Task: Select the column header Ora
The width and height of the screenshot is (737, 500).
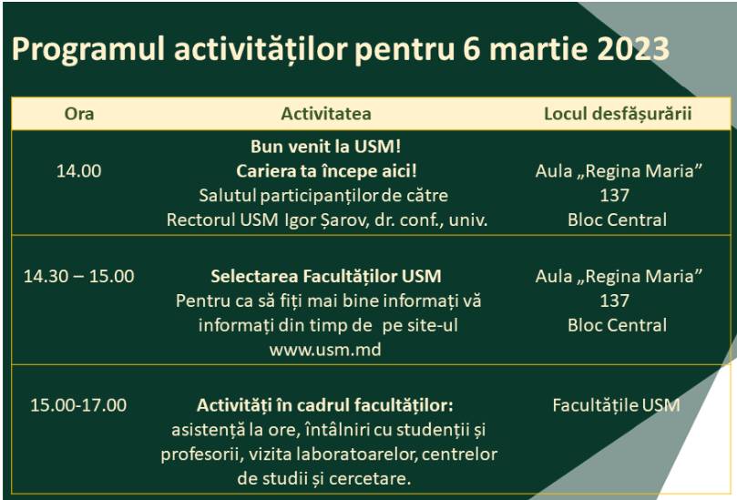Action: (79, 114)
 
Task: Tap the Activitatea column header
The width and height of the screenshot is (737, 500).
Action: (326, 114)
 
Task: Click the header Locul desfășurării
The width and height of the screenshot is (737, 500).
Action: (618, 114)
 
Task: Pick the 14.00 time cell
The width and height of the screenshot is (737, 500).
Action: (79, 171)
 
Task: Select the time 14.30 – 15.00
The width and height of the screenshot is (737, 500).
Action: (79, 276)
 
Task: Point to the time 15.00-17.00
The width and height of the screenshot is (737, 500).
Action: (78, 405)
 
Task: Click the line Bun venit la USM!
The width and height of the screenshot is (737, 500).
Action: (326, 147)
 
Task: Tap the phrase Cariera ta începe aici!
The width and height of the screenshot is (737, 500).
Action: (326, 171)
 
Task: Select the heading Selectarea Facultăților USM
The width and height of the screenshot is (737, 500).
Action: (326, 276)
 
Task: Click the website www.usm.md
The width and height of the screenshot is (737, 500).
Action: (325, 350)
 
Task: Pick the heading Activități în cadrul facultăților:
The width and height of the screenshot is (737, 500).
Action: (325, 405)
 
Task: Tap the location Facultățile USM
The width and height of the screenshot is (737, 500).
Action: (616, 405)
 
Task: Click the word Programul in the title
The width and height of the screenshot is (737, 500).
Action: (88, 50)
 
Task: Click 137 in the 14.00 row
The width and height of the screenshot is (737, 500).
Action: (614, 196)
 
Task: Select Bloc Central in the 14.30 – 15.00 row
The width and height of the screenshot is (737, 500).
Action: (617, 325)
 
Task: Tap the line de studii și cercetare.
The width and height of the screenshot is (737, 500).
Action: (323, 479)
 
